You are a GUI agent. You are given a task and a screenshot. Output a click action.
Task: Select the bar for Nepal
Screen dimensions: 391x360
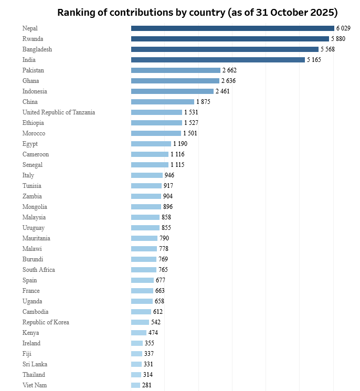coord(232,28)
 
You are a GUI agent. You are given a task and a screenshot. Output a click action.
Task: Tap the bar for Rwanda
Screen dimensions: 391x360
coord(230,39)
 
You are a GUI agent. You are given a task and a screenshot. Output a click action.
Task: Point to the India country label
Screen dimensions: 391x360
coord(29,60)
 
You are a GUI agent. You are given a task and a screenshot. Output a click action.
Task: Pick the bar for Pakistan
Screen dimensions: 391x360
coord(176,70)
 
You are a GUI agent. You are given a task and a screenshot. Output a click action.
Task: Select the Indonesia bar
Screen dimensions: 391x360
coord(172,91)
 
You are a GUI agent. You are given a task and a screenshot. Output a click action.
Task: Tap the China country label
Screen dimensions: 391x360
coord(30,102)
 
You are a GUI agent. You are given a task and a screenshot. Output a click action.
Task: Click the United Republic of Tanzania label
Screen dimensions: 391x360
coord(59,112)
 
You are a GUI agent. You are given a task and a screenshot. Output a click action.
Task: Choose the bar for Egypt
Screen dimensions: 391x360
coord(151,144)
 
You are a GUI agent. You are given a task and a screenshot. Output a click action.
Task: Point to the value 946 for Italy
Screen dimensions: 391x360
coord(169,175)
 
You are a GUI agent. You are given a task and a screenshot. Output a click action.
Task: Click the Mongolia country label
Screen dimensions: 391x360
coord(35,207)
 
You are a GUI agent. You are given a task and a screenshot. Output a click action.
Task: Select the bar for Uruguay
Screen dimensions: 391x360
coord(145,228)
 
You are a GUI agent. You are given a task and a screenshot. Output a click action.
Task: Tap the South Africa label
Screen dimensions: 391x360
coord(39,270)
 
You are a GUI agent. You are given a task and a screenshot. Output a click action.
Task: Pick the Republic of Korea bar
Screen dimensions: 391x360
coord(140,322)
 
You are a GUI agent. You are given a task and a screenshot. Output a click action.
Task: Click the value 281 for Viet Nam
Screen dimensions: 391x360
coord(147,385)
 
